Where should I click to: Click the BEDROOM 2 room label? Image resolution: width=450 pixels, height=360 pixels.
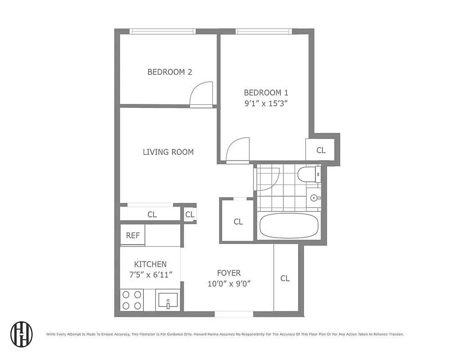click(170, 72)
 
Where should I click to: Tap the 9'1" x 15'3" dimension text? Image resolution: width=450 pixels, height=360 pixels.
click(265, 103)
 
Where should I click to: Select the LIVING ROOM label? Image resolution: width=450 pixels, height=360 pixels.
click(168, 152)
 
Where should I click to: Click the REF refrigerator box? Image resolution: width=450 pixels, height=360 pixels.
click(133, 235)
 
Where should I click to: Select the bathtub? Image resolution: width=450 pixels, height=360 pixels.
click(289, 226)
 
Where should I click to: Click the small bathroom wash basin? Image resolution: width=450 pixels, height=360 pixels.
click(315, 198)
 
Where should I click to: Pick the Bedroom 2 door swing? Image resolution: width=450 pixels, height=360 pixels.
click(201, 94)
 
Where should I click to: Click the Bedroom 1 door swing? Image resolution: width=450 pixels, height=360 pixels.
click(237, 151)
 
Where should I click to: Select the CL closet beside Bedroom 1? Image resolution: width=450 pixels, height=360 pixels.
click(321, 150)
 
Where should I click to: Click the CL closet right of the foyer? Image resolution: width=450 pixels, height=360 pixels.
click(285, 279)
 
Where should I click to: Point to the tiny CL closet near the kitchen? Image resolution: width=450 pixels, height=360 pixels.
click(190, 214)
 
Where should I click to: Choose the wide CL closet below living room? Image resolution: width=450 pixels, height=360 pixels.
click(152, 214)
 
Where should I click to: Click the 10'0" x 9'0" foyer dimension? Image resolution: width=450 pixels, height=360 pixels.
click(229, 283)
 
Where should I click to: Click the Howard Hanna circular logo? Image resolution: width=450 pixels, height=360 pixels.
click(22, 334)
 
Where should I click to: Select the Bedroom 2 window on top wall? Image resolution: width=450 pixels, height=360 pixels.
click(162, 31)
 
